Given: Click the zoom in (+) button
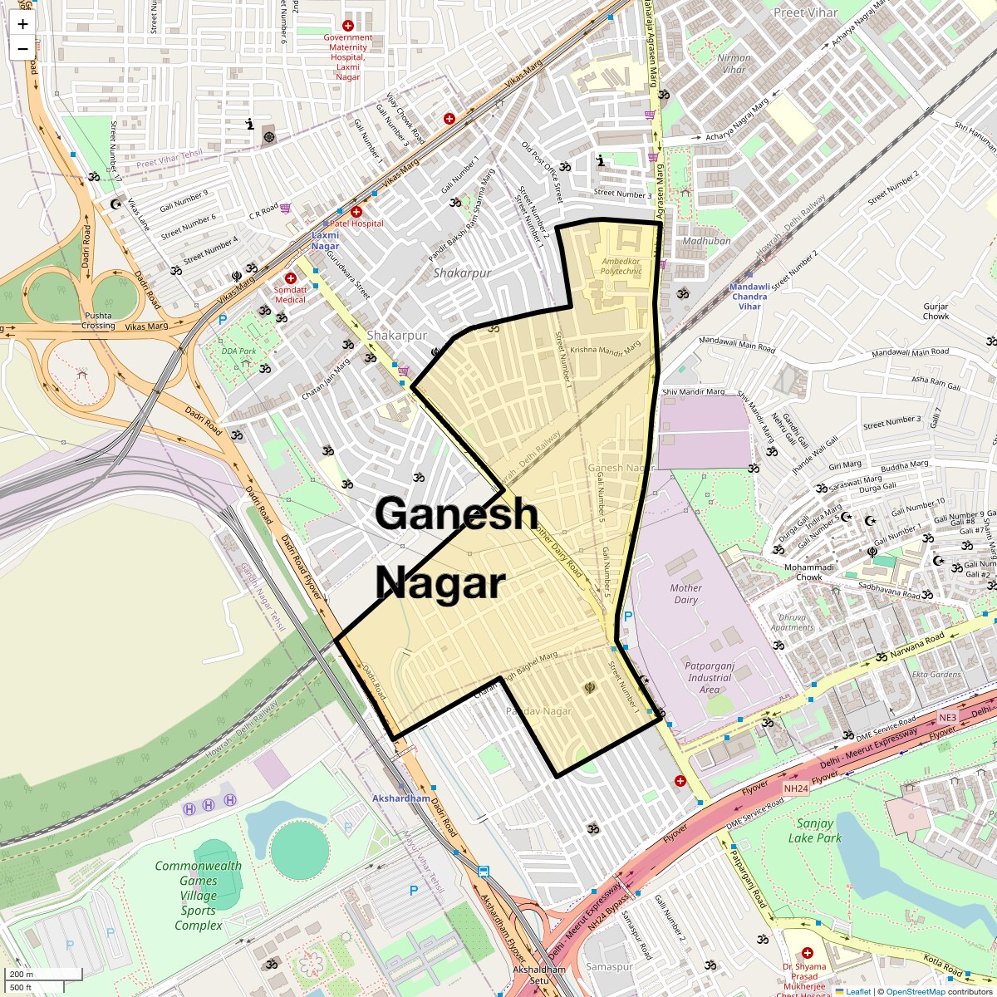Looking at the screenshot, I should pos(22,24).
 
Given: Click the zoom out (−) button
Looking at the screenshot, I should pos(22,48).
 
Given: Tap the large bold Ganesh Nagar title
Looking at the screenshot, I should pos(455,548).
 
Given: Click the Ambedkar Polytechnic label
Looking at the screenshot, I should pos(621,265).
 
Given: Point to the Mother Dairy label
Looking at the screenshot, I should pos(685,593).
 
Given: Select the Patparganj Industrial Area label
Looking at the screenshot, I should pos(709,677).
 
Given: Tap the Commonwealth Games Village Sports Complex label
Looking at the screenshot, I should pos(198,895).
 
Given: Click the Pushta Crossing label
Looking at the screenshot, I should pos(98,320).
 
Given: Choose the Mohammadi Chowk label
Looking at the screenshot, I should pos(797,572).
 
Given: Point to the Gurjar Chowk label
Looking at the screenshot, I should pos(936,311).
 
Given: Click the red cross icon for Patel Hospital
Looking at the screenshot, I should pos(356,212).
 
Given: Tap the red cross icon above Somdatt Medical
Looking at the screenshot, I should pos(290,278).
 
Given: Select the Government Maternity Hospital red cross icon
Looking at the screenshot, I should pos(347,26).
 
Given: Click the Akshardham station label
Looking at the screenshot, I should pos(402,798).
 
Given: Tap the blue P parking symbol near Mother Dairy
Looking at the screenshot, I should pos(628,616).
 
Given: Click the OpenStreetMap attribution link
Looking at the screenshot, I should pos(916,991).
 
